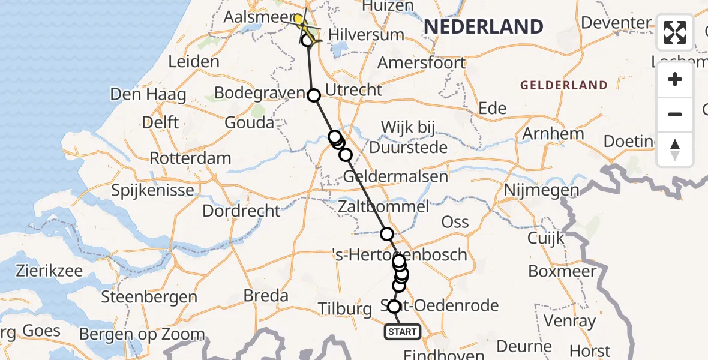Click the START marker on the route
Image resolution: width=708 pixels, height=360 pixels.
pyautogui.click(x=402, y=332)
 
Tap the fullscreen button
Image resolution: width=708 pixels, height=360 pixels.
pyautogui.click(x=675, y=32)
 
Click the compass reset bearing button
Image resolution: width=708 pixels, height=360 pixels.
pyautogui.click(x=675, y=149)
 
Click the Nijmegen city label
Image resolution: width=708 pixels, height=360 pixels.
pyautogui.click(x=541, y=191)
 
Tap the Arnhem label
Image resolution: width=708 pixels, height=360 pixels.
pyautogui.click(x=553, y=133)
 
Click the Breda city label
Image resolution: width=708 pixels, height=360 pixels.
pyautogui.click(x=267, y=296)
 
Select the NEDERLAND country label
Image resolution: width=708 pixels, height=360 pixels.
pyautogui.click(x=484, y=26)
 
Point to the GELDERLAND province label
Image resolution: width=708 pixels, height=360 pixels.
pyautogui.click(x=563, y=85)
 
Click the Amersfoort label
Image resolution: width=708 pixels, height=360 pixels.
pyautogui.click(x=421, y=62)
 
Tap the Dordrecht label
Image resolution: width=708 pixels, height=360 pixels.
pyautogui.click(x=241, y=211)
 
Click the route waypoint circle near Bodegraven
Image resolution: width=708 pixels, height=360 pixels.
pyautogui.click(x=314, y=95)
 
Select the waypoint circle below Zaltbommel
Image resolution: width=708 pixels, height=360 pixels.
pyautogui.click(x=387, y=234)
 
